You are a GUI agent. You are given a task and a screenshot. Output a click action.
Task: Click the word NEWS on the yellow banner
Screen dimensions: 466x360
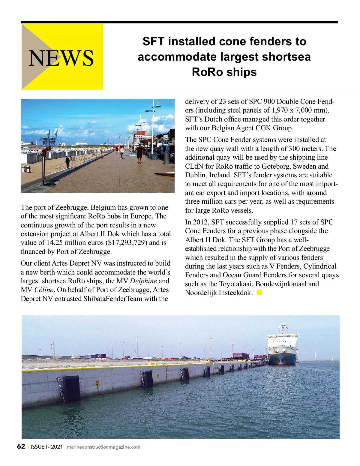[61, 58]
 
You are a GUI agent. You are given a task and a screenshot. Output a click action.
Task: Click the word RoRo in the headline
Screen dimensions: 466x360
[205, 72]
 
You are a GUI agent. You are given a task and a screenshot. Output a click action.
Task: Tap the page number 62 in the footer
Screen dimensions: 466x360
[21, 446]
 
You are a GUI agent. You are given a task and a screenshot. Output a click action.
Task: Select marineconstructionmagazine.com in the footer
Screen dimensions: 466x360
[103, 447]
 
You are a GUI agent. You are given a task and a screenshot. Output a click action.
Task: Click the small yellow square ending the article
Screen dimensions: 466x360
[259, 292]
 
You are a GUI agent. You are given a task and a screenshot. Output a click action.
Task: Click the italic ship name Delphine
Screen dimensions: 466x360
[143, 281]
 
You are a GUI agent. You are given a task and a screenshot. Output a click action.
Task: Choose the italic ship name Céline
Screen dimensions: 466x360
[44, 290]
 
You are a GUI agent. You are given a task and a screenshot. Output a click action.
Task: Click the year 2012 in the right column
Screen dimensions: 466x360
[200, 222]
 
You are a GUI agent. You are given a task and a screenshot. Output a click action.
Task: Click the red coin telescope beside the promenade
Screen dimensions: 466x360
[43, 152]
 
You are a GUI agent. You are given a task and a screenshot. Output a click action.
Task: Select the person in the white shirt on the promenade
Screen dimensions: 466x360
[122, 152]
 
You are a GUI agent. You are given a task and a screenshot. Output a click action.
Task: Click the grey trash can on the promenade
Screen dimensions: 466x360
[166, 158]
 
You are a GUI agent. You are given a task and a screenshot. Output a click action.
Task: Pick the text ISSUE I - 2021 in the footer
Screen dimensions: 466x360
[46, 447]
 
